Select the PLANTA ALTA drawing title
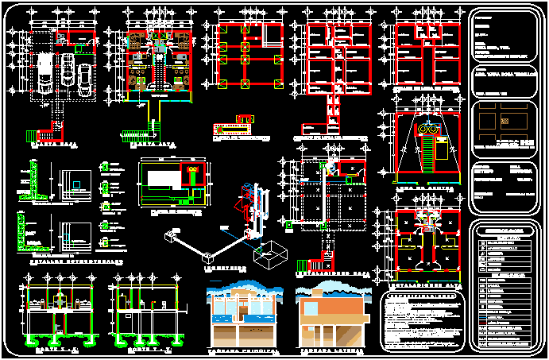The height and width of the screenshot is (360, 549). coord(156,145)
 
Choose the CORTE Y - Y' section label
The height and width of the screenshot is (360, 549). coord(143,347)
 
